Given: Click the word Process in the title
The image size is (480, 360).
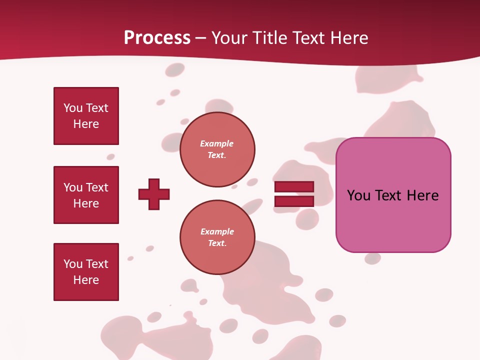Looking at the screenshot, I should [157, 38].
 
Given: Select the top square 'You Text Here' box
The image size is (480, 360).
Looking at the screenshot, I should [86, 116].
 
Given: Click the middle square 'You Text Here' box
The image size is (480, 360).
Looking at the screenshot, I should [86, 195].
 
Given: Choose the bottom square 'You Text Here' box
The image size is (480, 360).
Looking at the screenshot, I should [86, 272].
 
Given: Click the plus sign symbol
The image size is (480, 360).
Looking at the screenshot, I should [154, 194].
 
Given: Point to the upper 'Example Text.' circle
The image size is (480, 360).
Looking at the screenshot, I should [217, 149].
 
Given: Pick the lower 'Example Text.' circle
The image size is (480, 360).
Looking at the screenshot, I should [217, 237].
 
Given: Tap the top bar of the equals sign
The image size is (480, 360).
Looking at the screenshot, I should [294, 187].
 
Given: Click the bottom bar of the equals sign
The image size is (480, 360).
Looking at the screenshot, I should [294, 201].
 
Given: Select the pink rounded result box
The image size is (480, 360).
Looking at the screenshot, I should [393, 220].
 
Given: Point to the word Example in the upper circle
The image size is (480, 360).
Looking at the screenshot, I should [217, 143].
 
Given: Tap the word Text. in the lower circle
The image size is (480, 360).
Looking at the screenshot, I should [217, 243].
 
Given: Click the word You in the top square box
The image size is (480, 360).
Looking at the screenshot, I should [73, 108].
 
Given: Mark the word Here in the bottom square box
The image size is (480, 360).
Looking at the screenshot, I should [86, 280].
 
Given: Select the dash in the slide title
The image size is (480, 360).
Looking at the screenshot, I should [201, 38].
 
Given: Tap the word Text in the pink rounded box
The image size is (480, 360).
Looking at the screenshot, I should [389, 195].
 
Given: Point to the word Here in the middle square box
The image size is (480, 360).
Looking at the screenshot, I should [86, 203].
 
